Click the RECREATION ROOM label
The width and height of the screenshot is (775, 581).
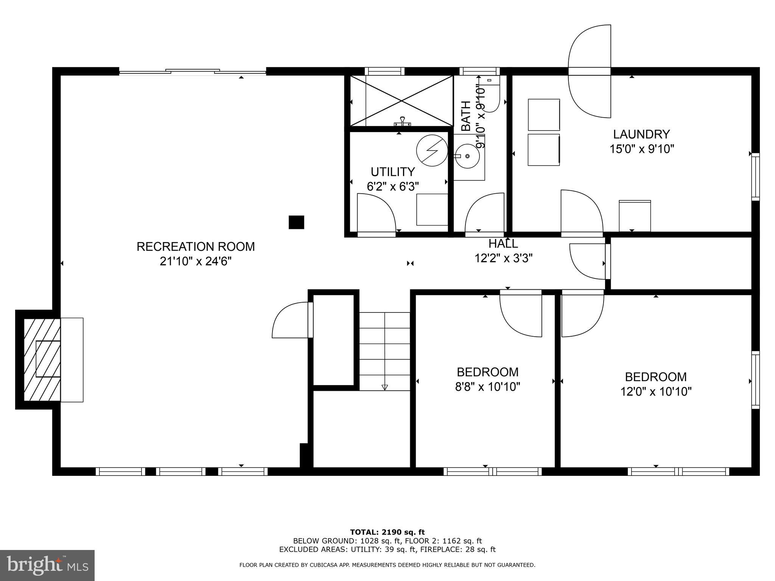(x=195, y=247)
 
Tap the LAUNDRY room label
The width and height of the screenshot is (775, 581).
(x=641, y=134)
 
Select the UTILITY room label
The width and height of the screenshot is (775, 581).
(x=392, y=172)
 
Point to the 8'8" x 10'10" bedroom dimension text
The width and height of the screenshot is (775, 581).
(x=487, y=387)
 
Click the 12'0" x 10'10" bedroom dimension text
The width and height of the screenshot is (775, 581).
(x=655, y=391)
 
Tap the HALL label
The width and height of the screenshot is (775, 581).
(x=503, y=243)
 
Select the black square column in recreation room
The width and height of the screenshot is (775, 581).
(x=296, y=222)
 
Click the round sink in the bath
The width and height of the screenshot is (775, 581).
(x=467, y=156)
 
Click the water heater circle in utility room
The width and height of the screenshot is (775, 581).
(x=431, y=151)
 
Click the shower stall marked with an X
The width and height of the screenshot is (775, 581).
(x=401, y=101)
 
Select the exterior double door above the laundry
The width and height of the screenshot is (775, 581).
(x=590, y=71)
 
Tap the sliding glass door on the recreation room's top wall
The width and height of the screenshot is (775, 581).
(x=193, y=71)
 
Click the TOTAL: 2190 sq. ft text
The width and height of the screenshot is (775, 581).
(x=387, y=532)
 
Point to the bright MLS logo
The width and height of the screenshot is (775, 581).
(x=47, y=565)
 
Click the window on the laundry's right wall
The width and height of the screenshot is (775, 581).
(x=755, y=177)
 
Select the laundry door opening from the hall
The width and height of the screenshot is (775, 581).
(x=581, y=214)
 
